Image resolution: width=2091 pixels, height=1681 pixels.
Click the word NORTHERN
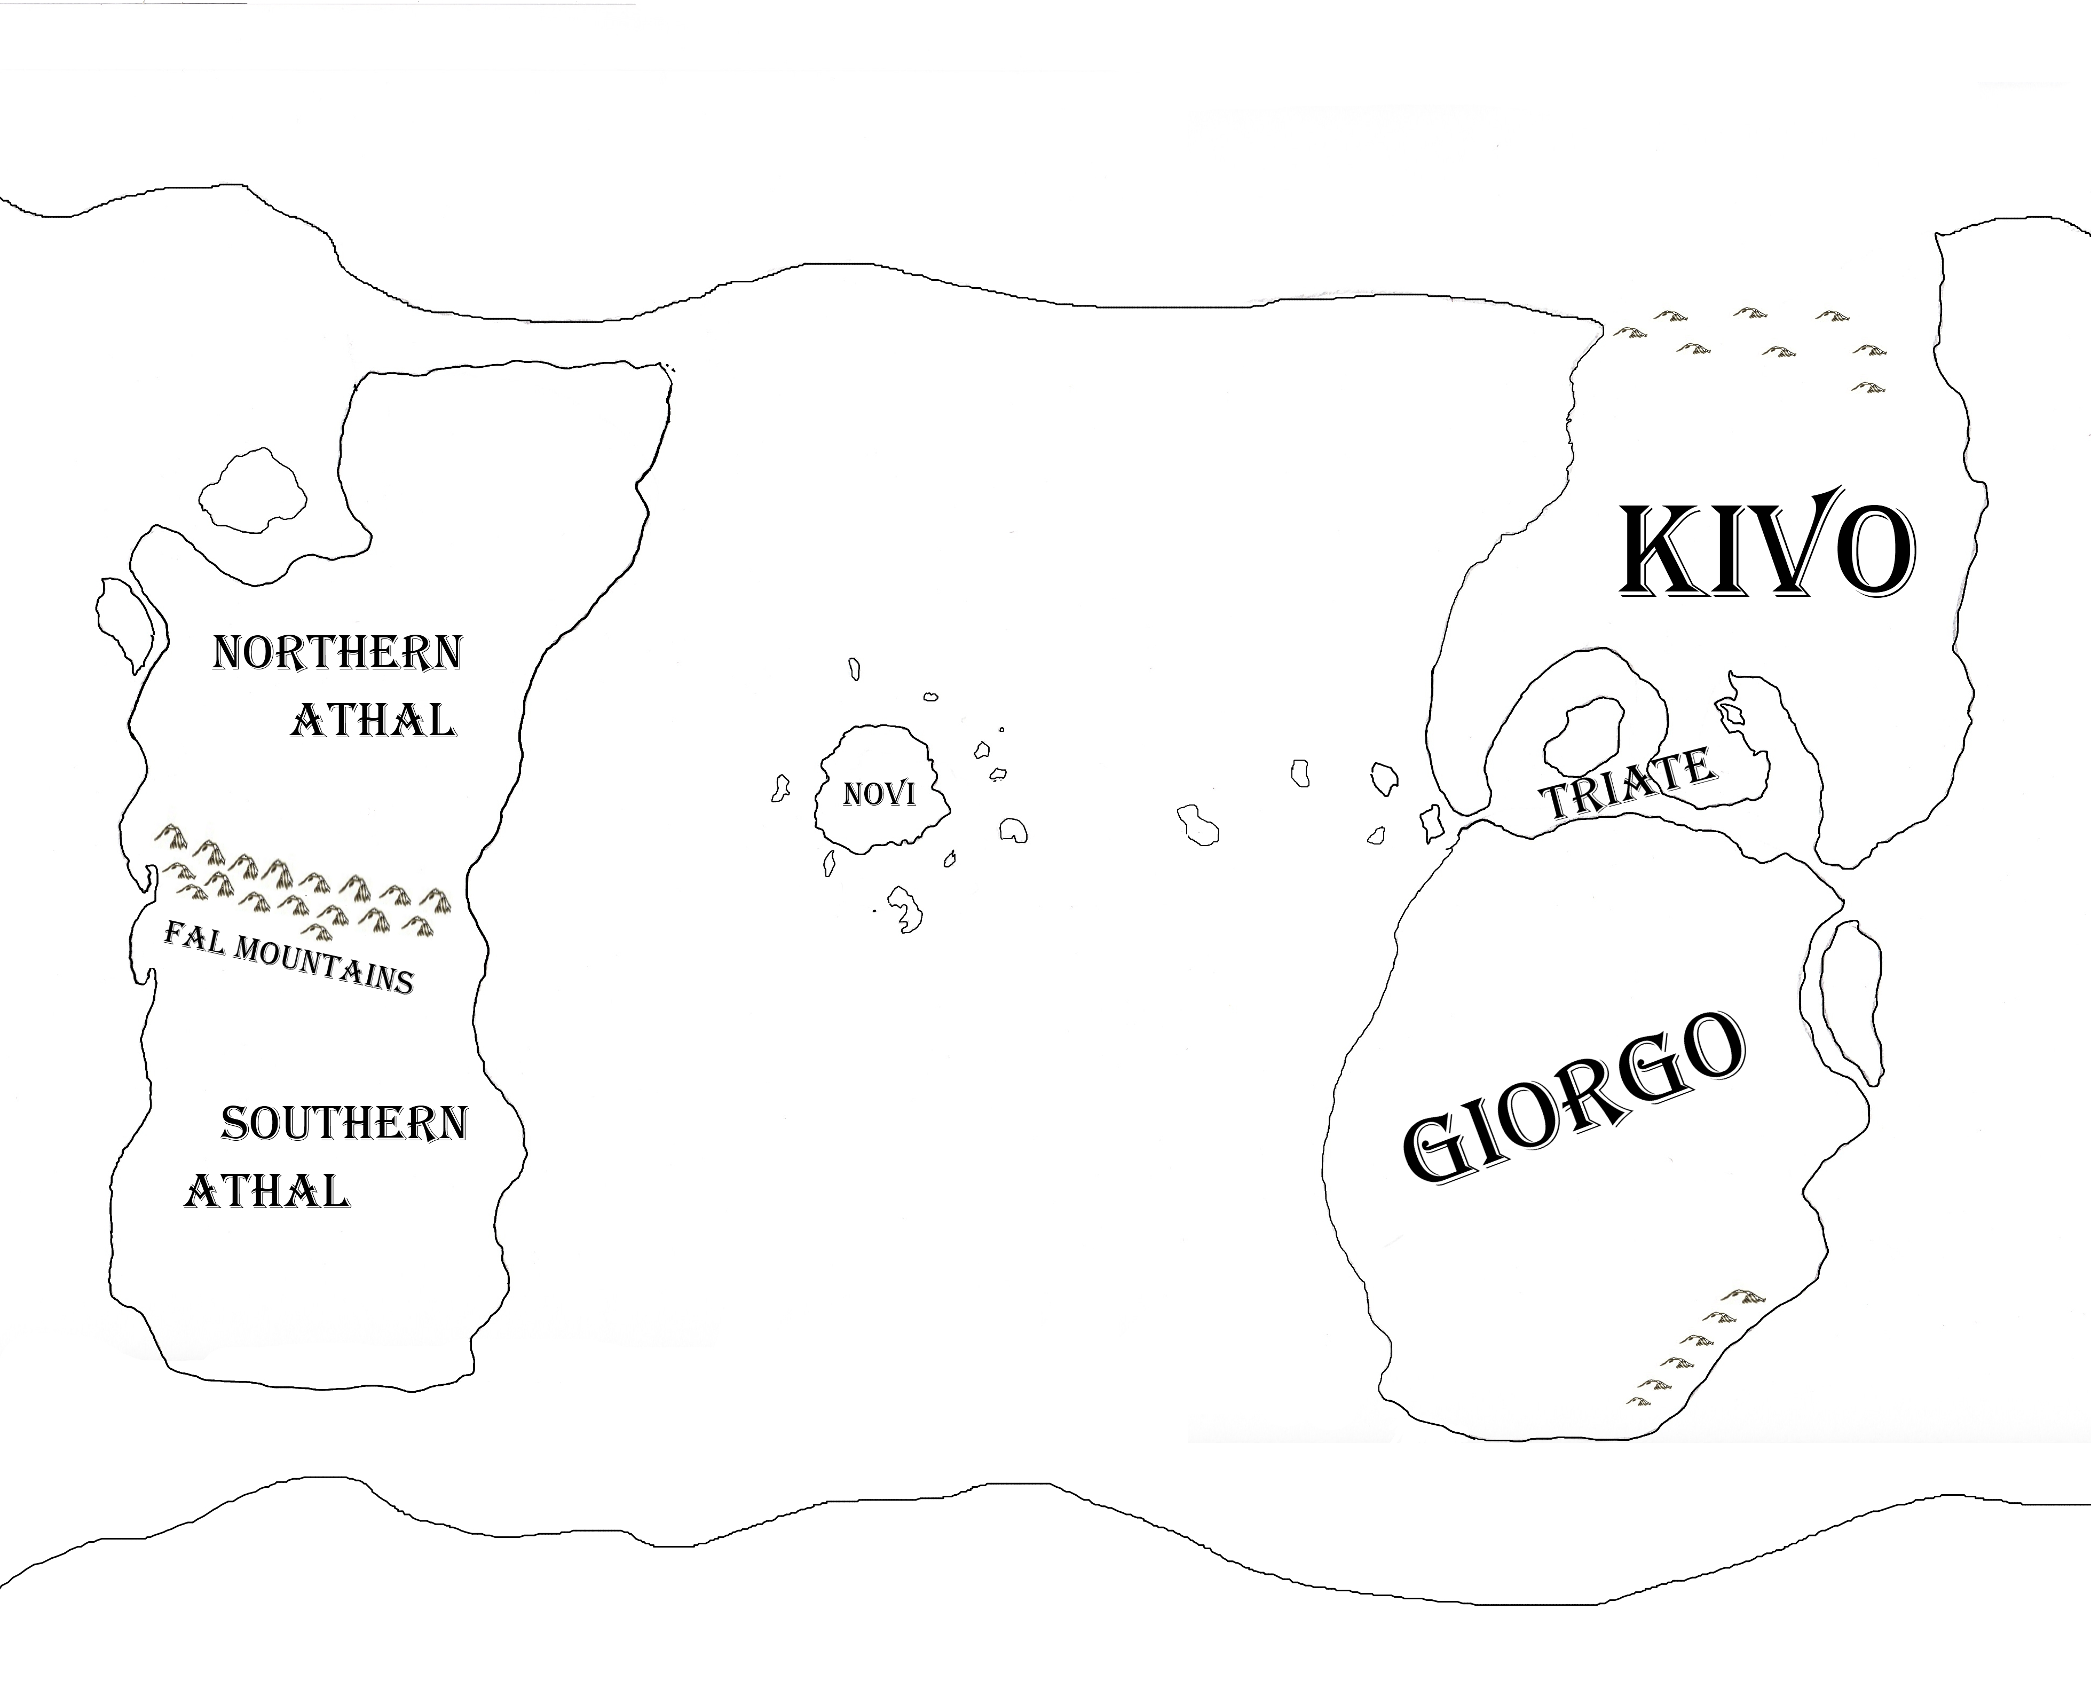click(x=337, y=653)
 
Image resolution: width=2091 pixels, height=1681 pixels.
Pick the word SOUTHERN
click(x=344, y=1123)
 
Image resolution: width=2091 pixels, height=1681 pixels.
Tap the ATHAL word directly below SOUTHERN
click(x=267, y=1191)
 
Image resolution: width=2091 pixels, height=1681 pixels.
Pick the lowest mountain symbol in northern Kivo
click(x=1866, y=388)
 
